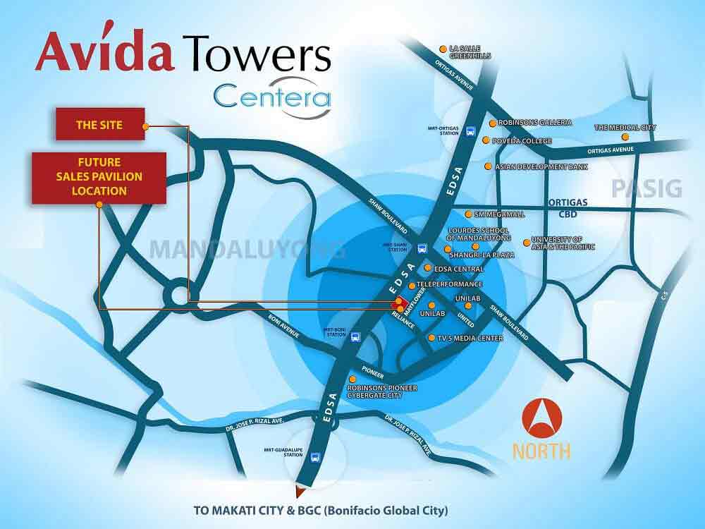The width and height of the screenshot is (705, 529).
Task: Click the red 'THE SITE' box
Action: tap(99, 126)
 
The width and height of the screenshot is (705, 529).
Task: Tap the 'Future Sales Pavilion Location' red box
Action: tap(99, 178)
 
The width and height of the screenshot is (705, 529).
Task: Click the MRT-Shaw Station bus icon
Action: tap(422, 248)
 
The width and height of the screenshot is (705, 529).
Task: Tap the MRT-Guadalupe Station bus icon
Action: tap(314, 456)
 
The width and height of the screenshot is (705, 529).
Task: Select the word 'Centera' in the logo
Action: tap(272, 97)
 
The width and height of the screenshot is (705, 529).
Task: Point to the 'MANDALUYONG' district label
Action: tap(247, 250)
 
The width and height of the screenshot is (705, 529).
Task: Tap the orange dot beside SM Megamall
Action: tap(467, 214)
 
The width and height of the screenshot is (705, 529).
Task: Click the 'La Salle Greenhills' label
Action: tap(465, 52)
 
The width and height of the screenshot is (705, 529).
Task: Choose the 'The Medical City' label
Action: tap(625, 128)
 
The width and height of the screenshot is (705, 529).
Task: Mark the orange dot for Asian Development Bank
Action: tap(488, 166)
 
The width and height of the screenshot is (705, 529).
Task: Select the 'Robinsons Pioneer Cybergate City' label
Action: tap(383, 391)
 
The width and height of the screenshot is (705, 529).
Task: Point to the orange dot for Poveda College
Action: tap(486, 140)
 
